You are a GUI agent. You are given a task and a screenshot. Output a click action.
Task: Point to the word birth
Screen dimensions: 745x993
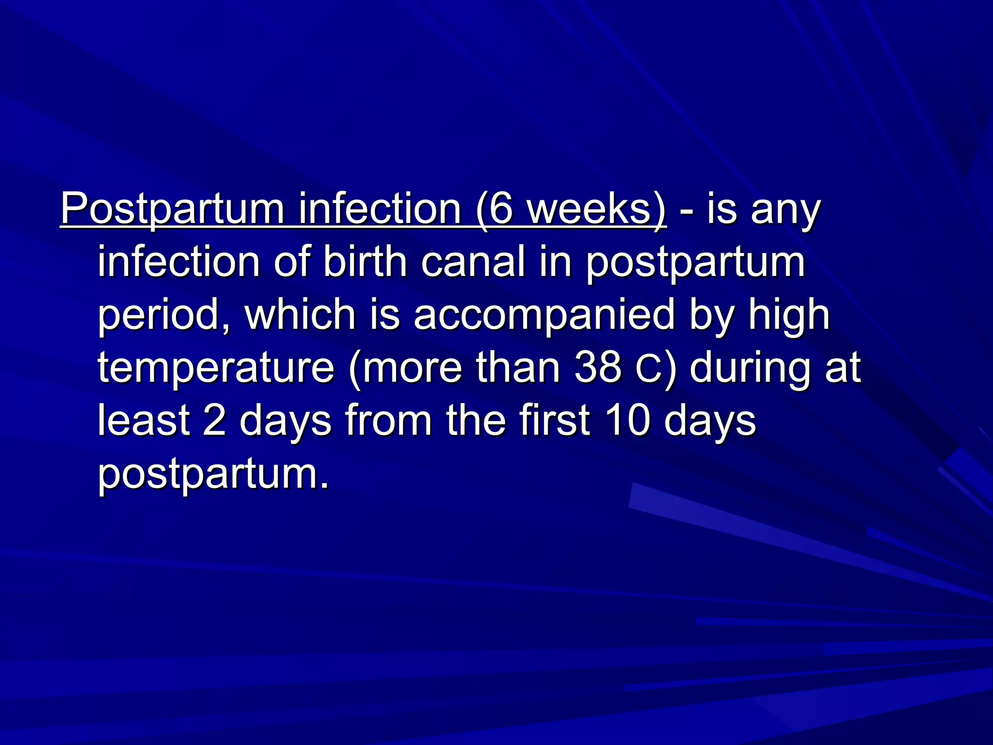pos(365,262)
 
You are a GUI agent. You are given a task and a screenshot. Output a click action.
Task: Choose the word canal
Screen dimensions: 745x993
pos(473,262)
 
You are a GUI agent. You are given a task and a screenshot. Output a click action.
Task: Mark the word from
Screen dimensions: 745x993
pos(388,420)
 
